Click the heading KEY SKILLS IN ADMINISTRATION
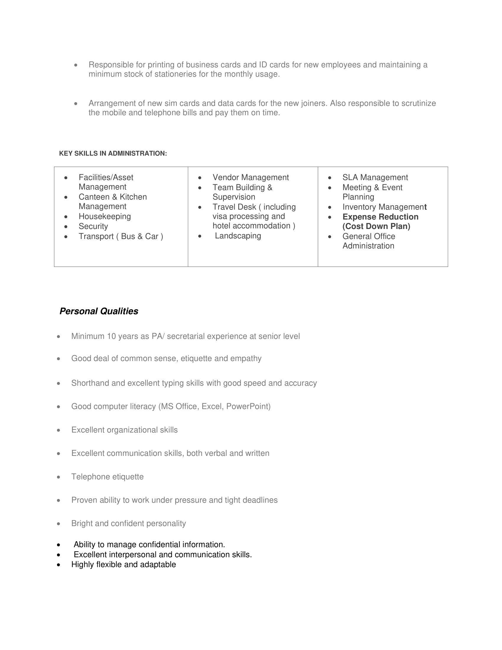113,154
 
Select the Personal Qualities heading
99,311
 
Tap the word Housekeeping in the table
105,216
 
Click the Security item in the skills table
93,227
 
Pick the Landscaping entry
238,236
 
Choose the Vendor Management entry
250,178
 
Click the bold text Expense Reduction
380,217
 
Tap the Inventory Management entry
384,207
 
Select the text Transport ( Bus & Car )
121,237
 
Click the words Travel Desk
234,207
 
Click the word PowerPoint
248,407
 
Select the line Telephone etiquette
107,477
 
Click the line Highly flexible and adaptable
123,565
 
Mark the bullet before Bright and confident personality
58,524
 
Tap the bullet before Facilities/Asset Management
66,178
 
